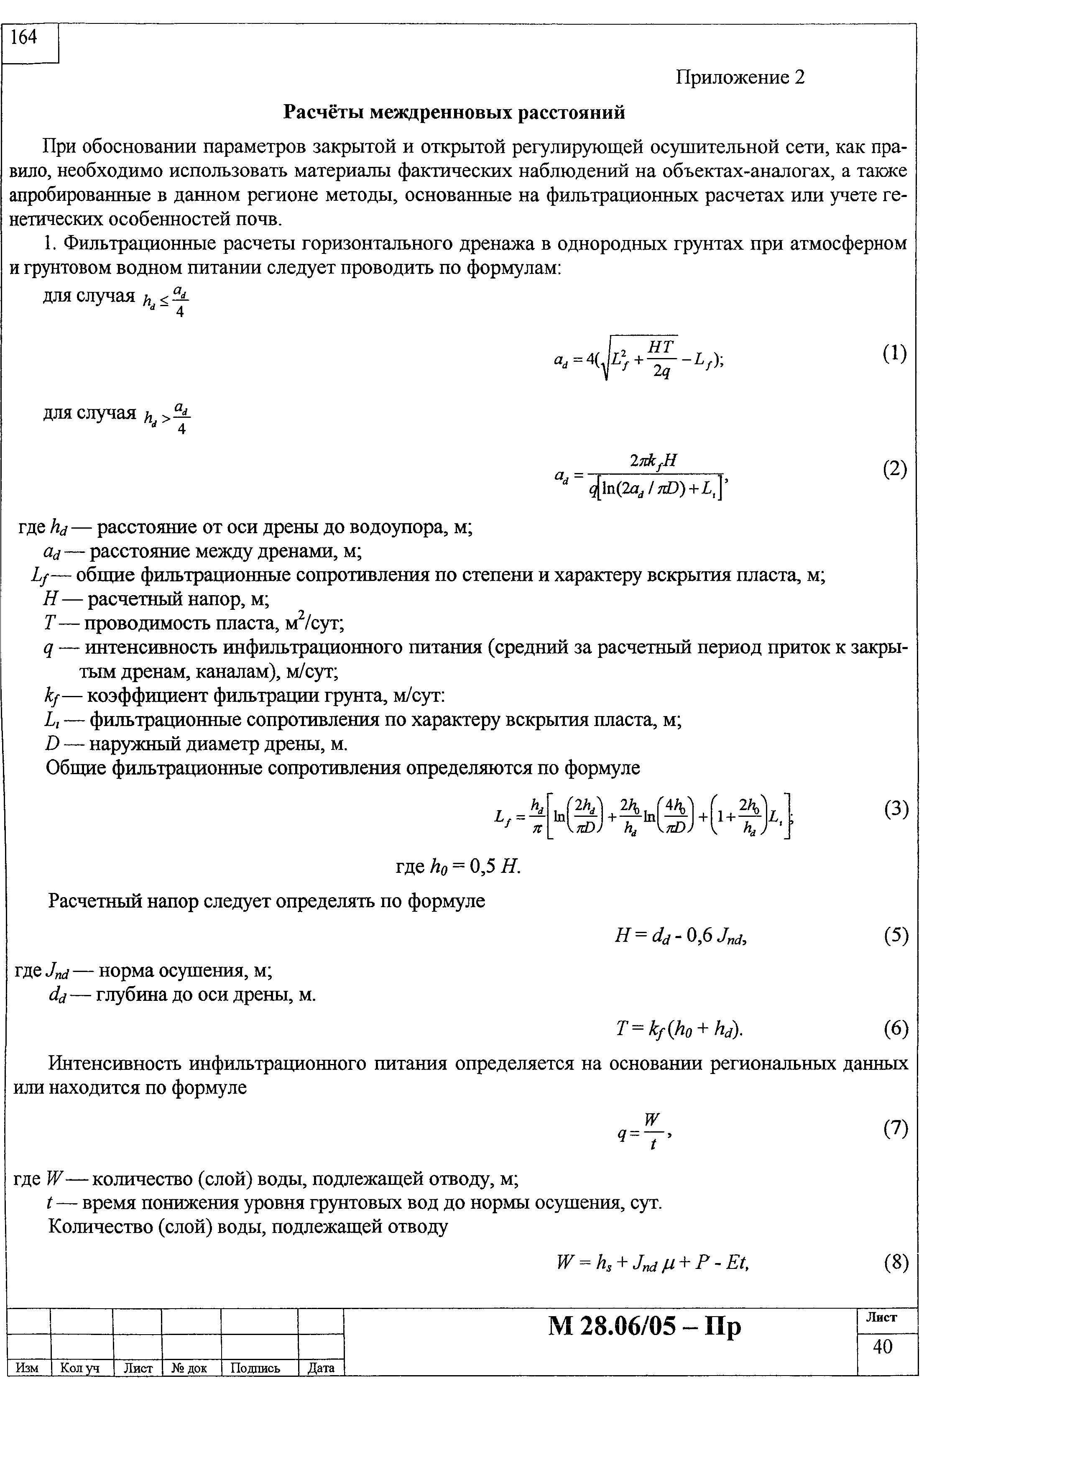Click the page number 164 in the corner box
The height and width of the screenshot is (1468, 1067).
25,38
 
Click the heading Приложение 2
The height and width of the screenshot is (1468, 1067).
740,78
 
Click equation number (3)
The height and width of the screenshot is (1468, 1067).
896,809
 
